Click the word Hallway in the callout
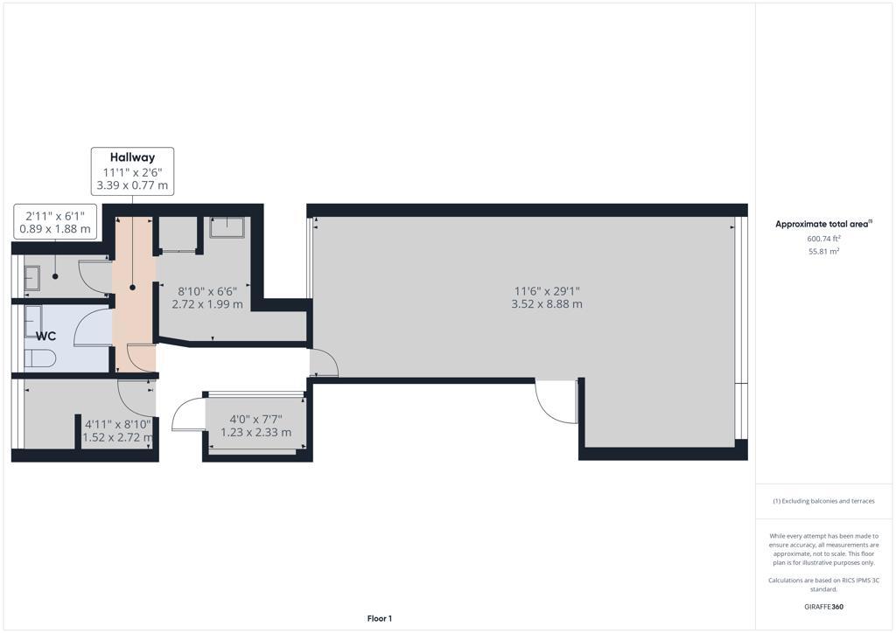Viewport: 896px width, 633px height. click(132, 157)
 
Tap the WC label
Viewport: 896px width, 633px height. click(45, 336)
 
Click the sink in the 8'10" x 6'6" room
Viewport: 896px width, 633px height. click(228, 226)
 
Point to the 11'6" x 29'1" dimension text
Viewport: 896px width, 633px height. click(547, 291)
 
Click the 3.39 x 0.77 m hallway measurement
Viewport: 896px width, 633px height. click(132, 185)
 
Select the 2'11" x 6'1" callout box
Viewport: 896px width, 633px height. click(55, 222)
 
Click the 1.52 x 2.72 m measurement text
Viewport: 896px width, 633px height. click(118, 437)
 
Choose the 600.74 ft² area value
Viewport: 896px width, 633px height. click(823, 239)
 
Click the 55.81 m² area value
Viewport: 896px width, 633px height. click(823, 251)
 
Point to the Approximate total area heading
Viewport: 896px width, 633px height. click(823, 224)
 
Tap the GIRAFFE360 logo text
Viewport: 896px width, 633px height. click(823, 606)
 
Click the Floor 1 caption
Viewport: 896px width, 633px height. click(379, 618)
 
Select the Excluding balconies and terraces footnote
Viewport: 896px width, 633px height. click(823, 501)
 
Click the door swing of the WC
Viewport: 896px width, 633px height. click(93, 329)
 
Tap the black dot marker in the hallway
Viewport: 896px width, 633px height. click(133, 288)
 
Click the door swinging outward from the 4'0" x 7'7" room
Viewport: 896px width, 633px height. click(188, 416)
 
